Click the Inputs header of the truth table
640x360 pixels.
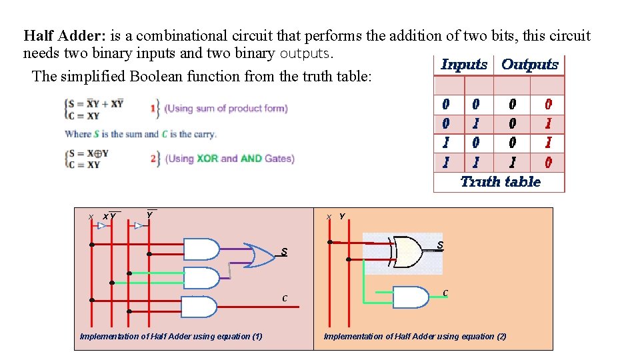464,65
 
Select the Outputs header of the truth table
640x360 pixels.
529,65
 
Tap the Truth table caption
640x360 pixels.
500,181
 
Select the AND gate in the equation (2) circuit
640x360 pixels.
410,297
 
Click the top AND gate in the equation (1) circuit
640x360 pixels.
201,249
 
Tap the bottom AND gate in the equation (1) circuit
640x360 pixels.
199,307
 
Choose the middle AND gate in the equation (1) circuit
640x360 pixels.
201,277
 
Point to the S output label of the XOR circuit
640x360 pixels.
440,246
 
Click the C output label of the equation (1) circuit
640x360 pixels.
285,298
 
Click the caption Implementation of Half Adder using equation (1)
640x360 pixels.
171,336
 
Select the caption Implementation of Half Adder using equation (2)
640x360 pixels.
415,336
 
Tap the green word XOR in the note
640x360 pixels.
207,159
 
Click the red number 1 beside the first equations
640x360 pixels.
153,108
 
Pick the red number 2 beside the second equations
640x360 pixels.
153,159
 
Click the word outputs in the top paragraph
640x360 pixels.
305,53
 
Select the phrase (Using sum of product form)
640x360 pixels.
226,108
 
